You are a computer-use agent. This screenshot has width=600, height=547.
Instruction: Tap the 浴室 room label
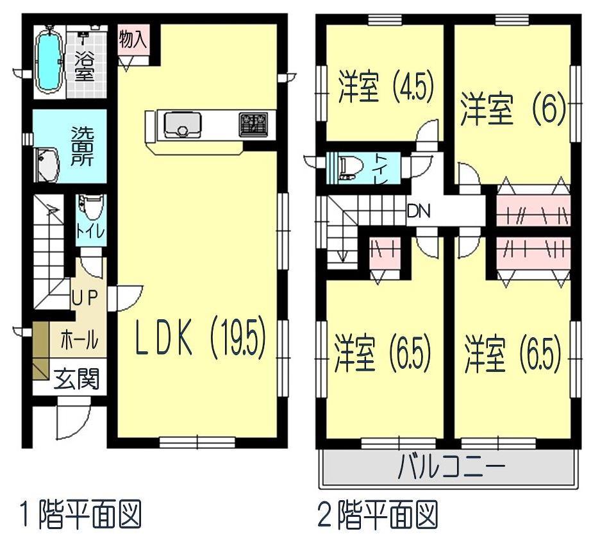pos(83,64)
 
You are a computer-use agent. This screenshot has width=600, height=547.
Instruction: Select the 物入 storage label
pos(133,40)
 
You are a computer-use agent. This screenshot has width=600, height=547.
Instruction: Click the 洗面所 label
pos(82,146)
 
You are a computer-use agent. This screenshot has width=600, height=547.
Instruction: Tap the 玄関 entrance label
pos(76,379)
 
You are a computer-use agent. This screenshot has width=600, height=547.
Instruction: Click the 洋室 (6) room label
pos(513,111)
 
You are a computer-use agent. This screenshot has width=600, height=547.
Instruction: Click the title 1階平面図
pos(80,514)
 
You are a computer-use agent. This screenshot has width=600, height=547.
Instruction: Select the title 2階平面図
pos(378,514)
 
